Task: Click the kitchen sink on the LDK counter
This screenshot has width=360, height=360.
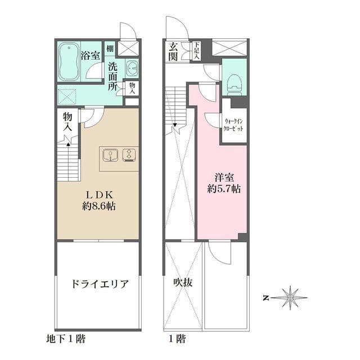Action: (110, 154)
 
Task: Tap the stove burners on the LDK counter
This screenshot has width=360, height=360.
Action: (129, 154)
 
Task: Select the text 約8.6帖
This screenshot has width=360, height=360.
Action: (98, 206)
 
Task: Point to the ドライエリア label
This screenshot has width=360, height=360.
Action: (98, 283)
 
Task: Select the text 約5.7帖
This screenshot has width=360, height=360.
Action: (223, 190)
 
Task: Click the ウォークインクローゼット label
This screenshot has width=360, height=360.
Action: (234, 125)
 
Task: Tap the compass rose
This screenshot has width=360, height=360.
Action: (290, 297)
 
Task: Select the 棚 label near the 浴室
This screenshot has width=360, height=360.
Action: (110, 49)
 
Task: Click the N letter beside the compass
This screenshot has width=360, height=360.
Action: (267, 297)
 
